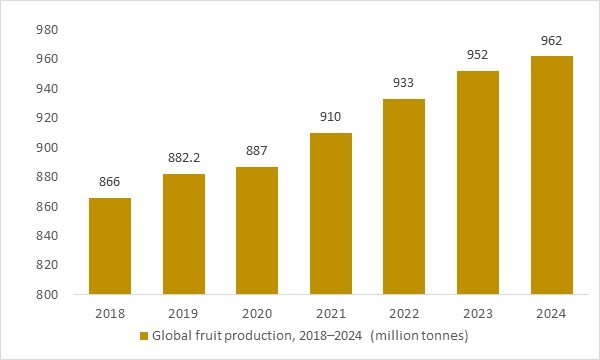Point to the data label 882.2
pos(183,158)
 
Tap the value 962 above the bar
pos(552,41)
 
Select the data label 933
pos(404,84)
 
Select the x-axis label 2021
pos(331,313)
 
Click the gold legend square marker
pos(144,335)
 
